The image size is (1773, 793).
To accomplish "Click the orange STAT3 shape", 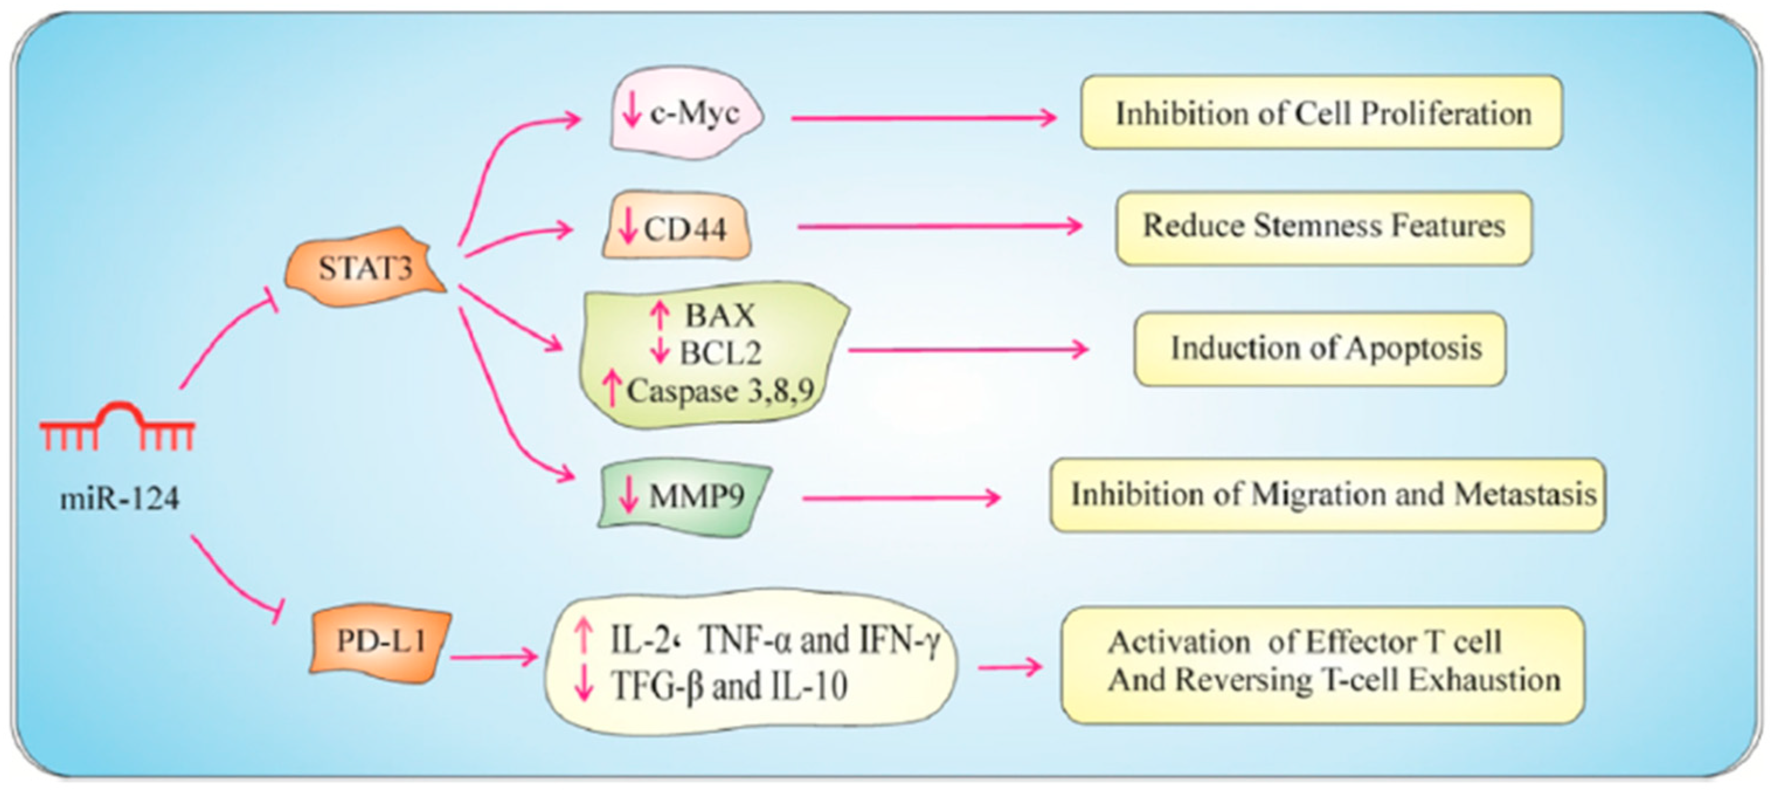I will (365, 267).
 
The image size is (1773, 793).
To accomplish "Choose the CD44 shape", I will (677, 227).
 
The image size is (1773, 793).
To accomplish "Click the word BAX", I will (720, 316).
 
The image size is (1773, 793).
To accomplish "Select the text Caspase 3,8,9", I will (720, 391).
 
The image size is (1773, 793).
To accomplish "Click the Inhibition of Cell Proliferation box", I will (1321, 113).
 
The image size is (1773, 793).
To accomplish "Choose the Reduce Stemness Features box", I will (1324, 227).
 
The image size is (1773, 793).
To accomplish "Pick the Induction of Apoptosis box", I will (1320, 348).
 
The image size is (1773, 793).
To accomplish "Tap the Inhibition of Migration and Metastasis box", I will (1328, 494).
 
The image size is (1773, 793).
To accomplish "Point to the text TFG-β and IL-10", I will (729, 685).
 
